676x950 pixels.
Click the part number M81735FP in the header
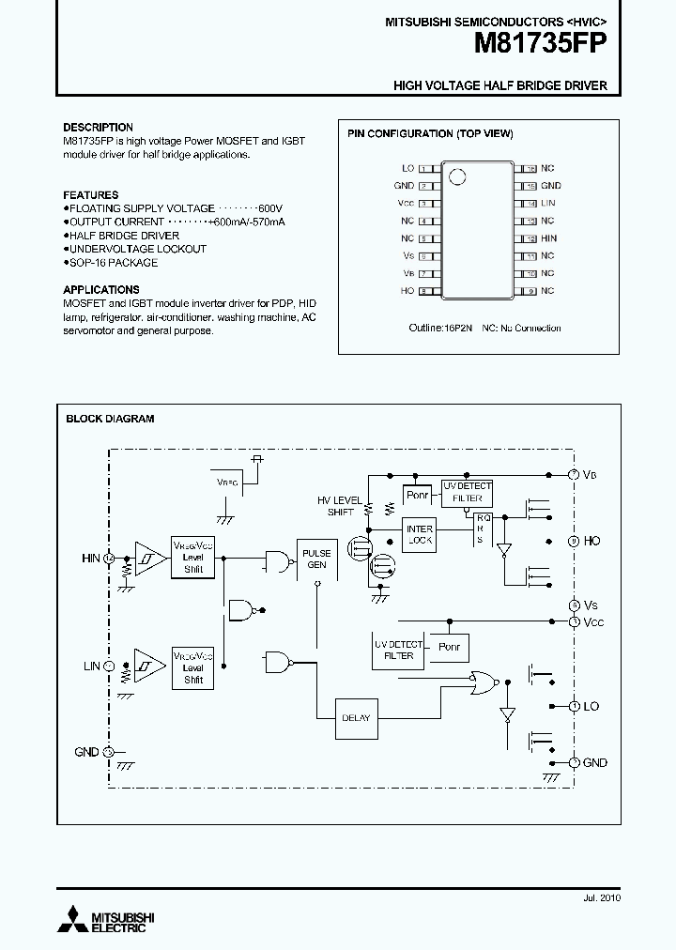pyautogui.click(x=542, y=43)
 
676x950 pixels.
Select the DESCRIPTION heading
pyautogui.click(x=98, y=127)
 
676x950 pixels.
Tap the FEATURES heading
pyautogui.click(x=90, y=195)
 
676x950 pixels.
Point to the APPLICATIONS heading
pyautogui.click(x=100, y=290)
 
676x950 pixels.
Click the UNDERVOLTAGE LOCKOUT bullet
pyautogui.click(x=136, y=249)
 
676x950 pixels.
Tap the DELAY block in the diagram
pyautogui.click(x=356, y=717)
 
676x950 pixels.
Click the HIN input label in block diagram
pyautogui.click(x=90, y=559)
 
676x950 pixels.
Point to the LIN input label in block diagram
pyautogui.click(x=91, y=666)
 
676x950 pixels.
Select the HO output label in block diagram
pyautogui.click(x=591, y=542)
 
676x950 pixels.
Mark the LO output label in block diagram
pyautogui.click(x=591, y=706)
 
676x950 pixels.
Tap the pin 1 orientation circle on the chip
pyautogui.click(x=457, y=176)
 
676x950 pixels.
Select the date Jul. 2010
pyautogui.click(x=597, y=897)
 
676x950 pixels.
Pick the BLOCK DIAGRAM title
pyautogui.click(x=110, y=419)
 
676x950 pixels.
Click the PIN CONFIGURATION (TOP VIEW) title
pyautogui.click(x=430, y=134)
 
